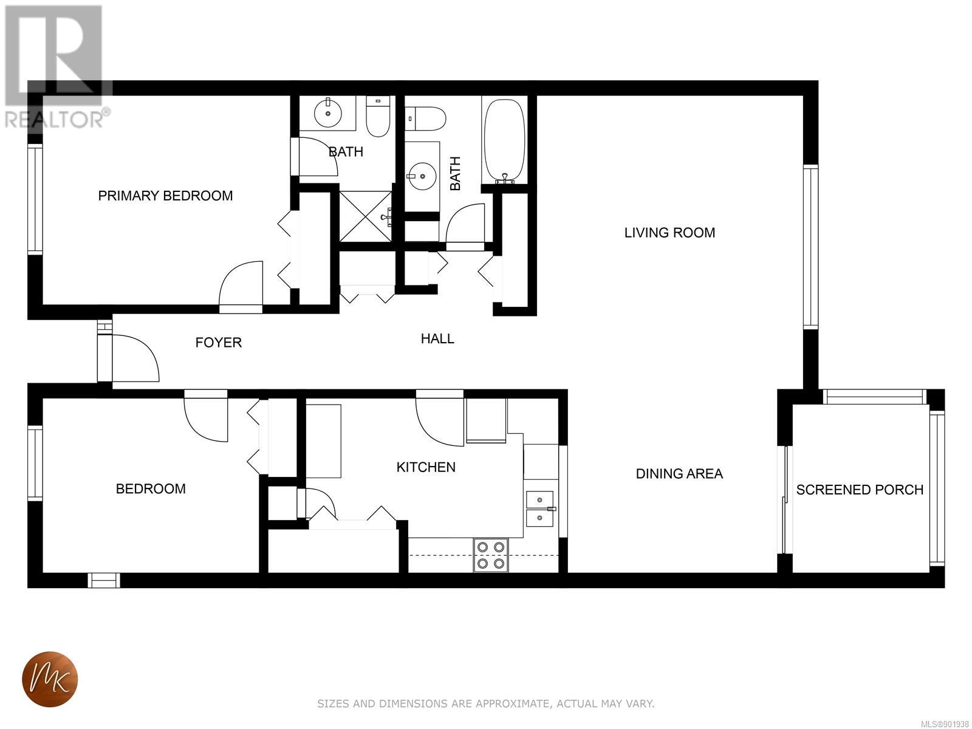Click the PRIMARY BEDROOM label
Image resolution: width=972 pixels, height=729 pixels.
tap(165, 196)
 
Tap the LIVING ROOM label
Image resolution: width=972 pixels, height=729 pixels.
tap(669, 233)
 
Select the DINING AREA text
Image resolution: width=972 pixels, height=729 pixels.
tap(679, 474)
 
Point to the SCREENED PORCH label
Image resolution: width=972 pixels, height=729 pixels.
tap(860, 490)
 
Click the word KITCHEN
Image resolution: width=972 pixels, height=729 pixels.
tap(426, 467)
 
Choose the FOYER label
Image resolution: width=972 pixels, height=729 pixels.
tap(219, 342)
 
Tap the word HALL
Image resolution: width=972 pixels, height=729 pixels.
tap(437, 338)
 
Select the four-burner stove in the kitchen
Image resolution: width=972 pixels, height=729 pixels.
tap(491, 555)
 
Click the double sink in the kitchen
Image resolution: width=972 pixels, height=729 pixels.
tap(540, 508)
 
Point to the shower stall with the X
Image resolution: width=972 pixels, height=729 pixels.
tap(366, 216)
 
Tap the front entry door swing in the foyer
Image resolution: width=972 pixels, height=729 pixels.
tap(135, 358)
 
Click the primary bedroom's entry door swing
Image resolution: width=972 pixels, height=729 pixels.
tap(241, 283)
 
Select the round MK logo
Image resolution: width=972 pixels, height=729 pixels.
tap(50, 679)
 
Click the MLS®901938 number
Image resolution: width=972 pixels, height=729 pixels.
tap(945, 724)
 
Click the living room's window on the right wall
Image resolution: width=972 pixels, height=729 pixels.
tap(811, 247)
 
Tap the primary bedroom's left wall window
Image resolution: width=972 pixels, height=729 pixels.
tap(35, 200)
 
